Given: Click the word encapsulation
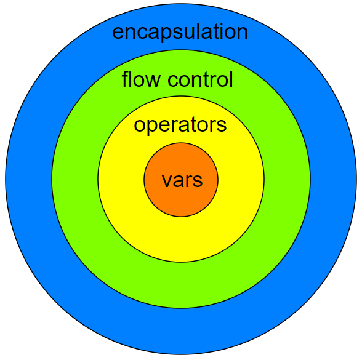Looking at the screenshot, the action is pyautogui.click(x=180, y=32).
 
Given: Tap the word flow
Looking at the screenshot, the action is pyautogui.click(x=141, y=79).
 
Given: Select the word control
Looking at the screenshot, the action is pyautogui.click(x=201, y=79).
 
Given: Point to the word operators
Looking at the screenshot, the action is pyautogui.click(x=180, y=126).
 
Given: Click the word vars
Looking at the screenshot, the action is pyautogui.click(x=182, y=180).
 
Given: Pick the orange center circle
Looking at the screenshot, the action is pyautogui.click(x=181, y=203).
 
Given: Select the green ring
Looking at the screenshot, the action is pyautogui.click(x=181, y=285).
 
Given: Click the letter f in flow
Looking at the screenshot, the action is pyautogui.click(x=126, y=79).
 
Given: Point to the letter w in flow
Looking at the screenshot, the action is pyautogui.click(x=151, y=81).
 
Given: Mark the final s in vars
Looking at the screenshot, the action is pyautogui.click(x=197, y=180).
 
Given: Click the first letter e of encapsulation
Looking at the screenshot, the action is pyautogui.click(x=118, y=33).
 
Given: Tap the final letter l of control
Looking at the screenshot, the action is pyautogui.click(x=231, y=79).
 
